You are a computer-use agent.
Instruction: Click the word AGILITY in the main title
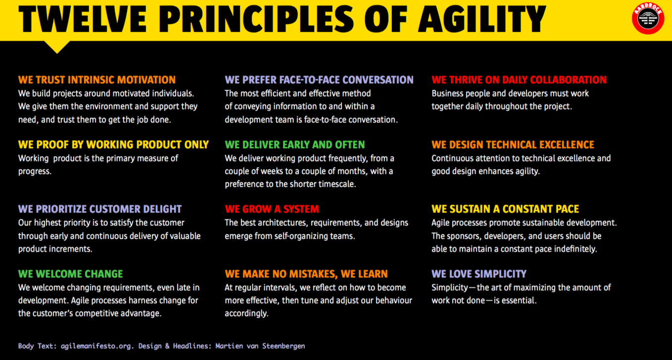[482, 19]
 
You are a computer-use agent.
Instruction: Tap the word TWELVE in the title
[83, 19]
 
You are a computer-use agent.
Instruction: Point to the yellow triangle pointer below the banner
[57, 47]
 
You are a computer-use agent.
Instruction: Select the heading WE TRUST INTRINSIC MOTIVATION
[97, 80]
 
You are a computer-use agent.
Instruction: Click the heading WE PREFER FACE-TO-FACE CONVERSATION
[319, 80]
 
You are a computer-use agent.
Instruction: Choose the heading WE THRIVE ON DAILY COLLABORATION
[519, 80]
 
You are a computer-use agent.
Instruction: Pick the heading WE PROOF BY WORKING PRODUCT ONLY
[113, 145]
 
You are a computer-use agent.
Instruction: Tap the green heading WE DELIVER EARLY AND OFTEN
[295, 145]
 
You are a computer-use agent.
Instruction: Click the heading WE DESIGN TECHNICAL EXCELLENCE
[513, 145]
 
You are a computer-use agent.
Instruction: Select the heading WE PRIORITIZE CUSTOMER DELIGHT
[100, 209]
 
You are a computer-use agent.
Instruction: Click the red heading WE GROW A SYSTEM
[272, 209]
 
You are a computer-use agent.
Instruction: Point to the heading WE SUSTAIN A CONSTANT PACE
[505, 209]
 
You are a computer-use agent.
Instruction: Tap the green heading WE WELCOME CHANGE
[70, 274]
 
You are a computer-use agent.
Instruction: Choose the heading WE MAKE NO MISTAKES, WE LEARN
[306, 274]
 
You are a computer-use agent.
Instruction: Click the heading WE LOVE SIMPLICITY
[479, 274]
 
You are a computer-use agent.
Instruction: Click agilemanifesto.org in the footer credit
[96, 346]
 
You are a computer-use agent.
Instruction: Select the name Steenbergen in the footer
[284, 346]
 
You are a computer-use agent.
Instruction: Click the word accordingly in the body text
[246, 314]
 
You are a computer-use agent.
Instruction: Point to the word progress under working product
[35, 172]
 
